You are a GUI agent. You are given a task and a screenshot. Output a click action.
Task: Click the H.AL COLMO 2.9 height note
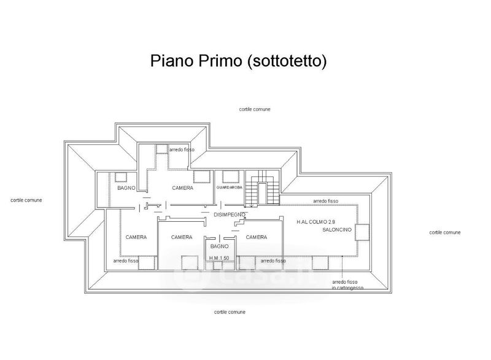coord(317,221)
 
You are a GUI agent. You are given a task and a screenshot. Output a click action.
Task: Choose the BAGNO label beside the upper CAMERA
coord(126,188)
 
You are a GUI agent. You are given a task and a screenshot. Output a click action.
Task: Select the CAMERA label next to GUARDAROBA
coord(182,188)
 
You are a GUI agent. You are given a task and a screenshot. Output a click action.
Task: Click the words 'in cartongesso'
coord(347,288)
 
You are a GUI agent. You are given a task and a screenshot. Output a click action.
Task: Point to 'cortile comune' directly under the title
coord(255,109)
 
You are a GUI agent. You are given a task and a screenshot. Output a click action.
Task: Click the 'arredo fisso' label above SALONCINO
coord(325,201)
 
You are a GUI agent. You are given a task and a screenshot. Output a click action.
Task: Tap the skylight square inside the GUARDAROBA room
coord(231,176)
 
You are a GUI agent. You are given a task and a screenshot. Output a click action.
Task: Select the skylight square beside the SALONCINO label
coord(361,232)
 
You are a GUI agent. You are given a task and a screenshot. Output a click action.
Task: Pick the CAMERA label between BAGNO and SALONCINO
coord(255,237)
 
